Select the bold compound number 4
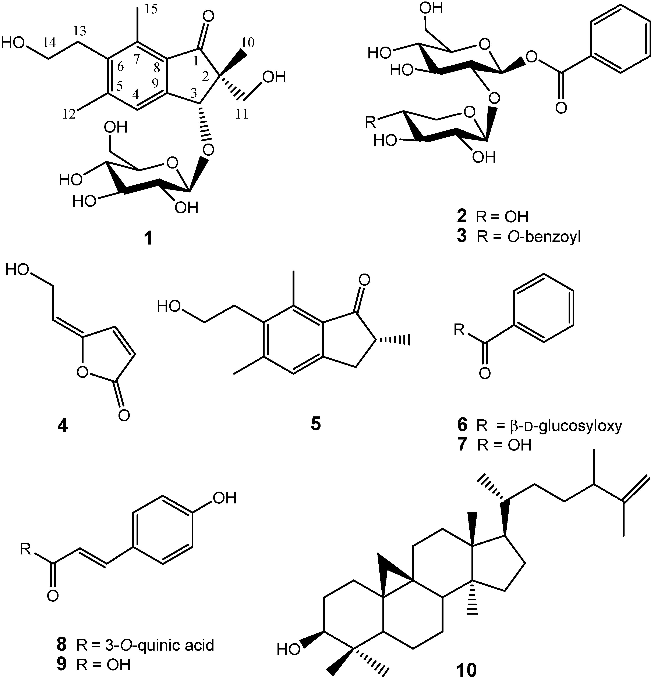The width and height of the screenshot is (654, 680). [x=63, y=425]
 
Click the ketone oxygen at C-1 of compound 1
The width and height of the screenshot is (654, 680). [x=208, y=16]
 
